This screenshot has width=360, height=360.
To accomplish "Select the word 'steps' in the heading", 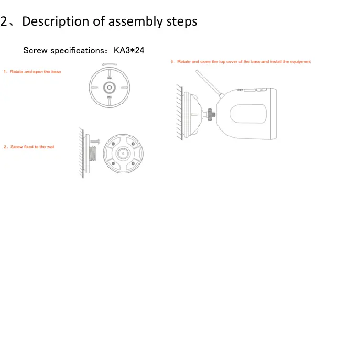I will tap(181, 21).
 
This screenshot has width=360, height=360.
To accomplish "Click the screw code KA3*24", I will tap(129, 51).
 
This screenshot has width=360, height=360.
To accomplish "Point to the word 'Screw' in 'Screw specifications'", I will tap(35, 51).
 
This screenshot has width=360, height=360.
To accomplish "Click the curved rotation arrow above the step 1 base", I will tap(109, 65).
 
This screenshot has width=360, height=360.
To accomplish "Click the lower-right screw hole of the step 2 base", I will tap(134, 163).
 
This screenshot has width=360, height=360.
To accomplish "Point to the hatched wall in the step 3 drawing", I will tap(179, 113).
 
